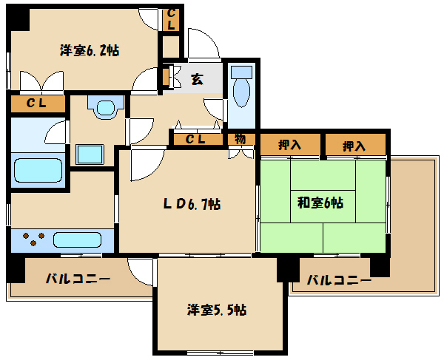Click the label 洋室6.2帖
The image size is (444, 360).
(90, 51)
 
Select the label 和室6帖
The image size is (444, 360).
(320, 202)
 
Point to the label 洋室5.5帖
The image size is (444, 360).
(216, 310)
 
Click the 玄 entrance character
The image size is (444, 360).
(198, 80)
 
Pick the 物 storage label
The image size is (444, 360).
(240, 139)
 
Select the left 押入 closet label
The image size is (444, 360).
(290, 146)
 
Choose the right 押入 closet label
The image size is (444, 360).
(354, 146)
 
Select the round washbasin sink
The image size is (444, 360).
(104, 109)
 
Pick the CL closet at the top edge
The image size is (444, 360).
(171, 18)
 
